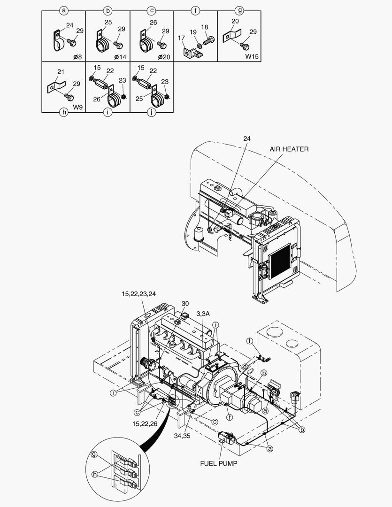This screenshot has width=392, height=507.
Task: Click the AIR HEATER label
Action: point(289,149)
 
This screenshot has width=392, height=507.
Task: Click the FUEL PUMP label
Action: point(219,463)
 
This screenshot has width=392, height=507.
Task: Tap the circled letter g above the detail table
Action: point(240,9)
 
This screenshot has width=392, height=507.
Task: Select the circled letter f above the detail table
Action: point(196,9)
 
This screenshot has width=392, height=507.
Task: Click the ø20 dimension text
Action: point(164,57)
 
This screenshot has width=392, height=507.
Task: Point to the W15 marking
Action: point(252,57)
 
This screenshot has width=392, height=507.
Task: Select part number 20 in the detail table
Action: point(235,22)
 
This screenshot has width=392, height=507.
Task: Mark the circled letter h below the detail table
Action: point(64,113)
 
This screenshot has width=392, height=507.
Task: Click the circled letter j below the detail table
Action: point(151,113)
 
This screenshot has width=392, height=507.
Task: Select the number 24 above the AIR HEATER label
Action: point(247,138)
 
